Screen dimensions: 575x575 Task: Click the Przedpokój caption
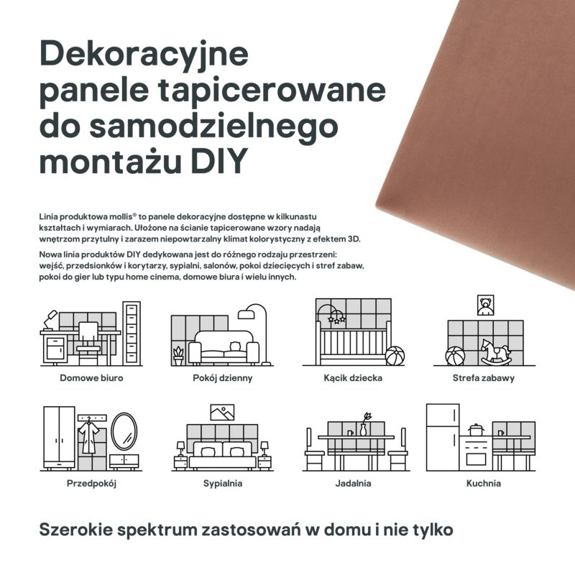[x=91, y=483]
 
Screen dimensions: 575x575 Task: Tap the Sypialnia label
[x=222, y=483]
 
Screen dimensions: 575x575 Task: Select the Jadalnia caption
[x=353, y=483]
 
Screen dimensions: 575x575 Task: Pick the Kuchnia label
[x=483, y=483]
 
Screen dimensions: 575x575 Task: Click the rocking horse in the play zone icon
[x=496, y=351]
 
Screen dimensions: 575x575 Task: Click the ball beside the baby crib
[x=395, y=356]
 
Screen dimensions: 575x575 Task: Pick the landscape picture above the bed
[x=221, y=413]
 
